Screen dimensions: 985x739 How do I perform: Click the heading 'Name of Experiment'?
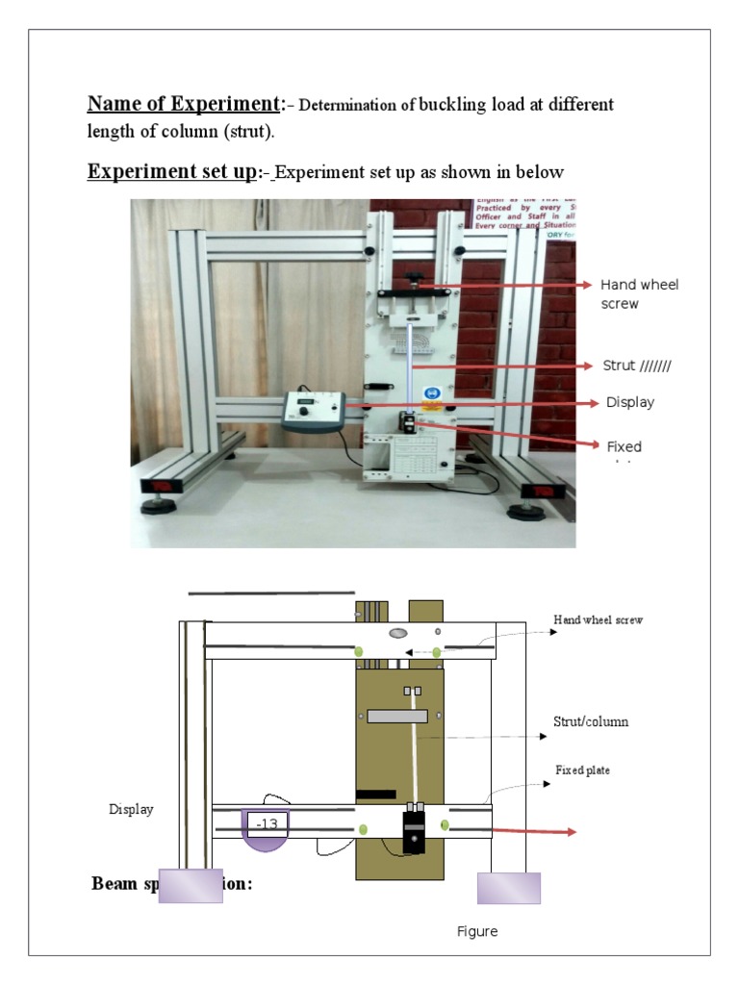(184, 104)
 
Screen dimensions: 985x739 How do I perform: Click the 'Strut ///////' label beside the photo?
(636, 366)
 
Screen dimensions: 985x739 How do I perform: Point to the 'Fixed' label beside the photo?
(624, 447)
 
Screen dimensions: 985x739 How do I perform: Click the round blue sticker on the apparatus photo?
(432, 393)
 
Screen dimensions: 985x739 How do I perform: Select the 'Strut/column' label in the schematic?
(591, 721)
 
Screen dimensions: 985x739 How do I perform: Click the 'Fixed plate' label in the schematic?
(582, 770)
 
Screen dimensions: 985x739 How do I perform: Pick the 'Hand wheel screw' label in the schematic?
(598, 620)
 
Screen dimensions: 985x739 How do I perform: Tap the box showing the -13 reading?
(267, 824)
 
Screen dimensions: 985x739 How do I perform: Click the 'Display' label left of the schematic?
(131, 810)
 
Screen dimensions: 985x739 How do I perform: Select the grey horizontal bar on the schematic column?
(396, 716)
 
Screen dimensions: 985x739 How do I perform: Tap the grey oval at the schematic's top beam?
(398, 633)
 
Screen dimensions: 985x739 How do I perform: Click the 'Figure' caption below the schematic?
(477, 932)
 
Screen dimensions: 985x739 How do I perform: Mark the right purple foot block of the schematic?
(509, 888)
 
